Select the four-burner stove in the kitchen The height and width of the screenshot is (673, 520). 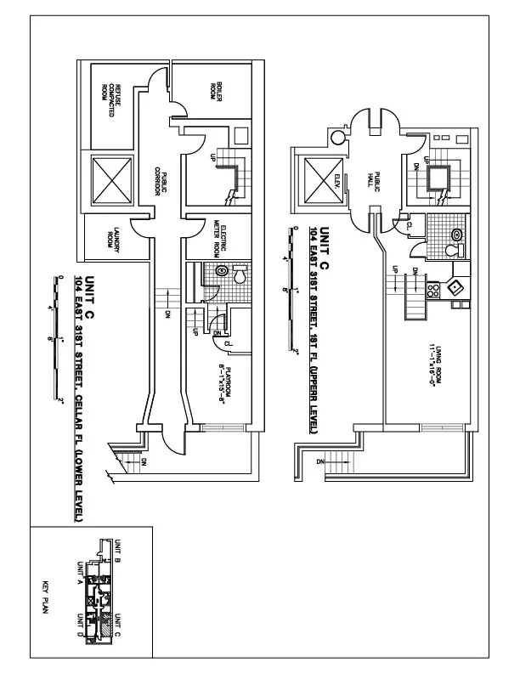pyautogui.click(x=432, y=289)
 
